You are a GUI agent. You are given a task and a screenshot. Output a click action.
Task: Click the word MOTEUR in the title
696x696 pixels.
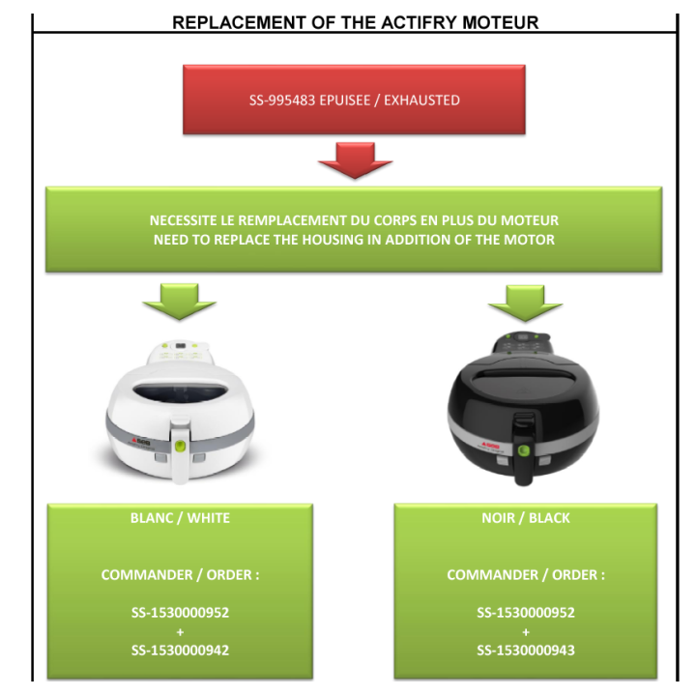(x=501, y=22)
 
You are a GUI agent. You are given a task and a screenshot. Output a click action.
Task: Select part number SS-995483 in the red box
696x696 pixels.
(x=282, y=101)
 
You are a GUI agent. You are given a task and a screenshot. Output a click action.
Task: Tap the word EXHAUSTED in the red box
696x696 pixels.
(x=421, y=101)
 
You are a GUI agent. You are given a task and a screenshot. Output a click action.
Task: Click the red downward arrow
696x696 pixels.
(x=355, y=160)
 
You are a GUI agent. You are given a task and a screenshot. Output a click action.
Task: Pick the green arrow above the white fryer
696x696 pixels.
(x=180, y=302)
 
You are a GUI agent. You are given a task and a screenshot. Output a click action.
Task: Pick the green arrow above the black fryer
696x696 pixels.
(x=525, y=304)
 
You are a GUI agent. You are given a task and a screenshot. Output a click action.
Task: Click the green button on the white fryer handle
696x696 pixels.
(x=180, y=446)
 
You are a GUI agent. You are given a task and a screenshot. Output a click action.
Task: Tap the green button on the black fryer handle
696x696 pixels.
(x=524, y=450)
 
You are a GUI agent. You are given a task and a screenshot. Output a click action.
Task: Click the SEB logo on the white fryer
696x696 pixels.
(x=142, y=442)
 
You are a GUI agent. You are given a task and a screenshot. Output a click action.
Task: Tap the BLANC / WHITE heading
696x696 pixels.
(x=180, y=518)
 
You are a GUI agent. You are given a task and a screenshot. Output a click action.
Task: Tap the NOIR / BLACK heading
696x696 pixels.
(x=526, y=518)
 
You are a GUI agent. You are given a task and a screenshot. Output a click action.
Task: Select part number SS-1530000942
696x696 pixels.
(x=180, y=651)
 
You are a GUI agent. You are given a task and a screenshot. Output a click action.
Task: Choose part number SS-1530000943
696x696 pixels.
(x=526, y=651)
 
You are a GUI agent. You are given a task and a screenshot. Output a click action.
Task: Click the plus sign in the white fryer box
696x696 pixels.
(x=180, y=631)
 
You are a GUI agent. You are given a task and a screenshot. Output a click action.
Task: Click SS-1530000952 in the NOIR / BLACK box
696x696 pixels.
(x=526, y=613)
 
